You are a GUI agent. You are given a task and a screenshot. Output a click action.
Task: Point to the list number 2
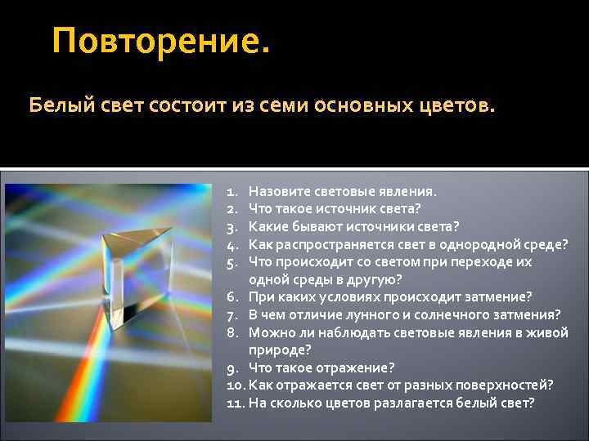(x=232, y=209)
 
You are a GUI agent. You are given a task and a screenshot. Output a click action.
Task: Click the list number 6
(x=232, y=296)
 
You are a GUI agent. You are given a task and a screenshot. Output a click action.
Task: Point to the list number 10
(x=236, y=385)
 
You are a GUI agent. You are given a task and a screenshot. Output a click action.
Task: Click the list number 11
(x=236, y=403)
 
